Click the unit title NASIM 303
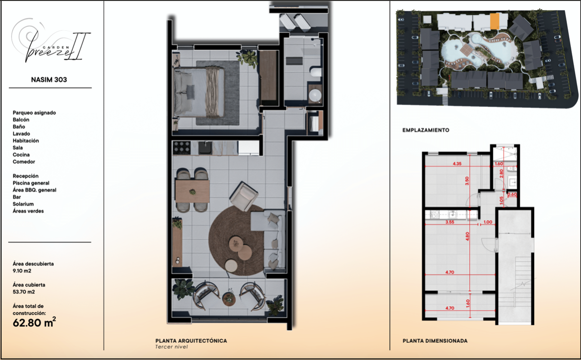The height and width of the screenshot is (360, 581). [49, 80]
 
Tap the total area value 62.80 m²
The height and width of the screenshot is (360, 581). [35, 322]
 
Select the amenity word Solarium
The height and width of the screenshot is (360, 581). [23, 204]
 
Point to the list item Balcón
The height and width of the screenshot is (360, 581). [21, 120]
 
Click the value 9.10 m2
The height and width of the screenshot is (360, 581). [22, 271]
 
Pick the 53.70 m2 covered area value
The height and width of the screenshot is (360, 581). [24, 292]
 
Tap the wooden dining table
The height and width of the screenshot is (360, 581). [192, 191]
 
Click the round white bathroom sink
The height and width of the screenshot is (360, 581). [315, 95]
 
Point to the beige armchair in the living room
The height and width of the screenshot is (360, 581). [244, 195]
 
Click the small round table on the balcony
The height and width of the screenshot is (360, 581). [228, 298]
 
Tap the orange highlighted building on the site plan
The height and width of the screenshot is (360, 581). [495, 21]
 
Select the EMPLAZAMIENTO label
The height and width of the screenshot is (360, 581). [426, 130]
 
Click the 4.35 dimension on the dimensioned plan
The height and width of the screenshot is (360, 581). [457, 164]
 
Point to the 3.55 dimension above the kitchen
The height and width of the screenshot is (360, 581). [450, 222]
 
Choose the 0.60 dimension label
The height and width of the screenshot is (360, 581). [512, 194]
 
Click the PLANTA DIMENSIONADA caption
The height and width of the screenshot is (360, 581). [435, 341]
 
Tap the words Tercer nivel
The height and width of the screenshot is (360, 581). [171, 347]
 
